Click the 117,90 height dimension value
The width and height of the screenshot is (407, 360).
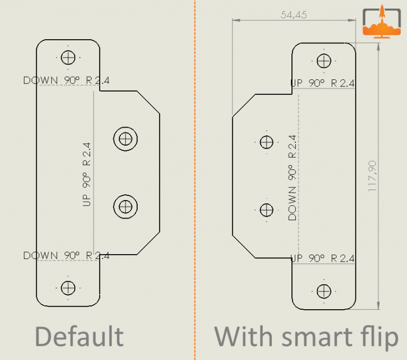pos(373,176)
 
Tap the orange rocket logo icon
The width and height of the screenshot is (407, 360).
pos(381,24)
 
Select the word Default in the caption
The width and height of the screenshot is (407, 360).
pos(79,337)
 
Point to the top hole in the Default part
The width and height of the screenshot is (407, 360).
pos(68,57)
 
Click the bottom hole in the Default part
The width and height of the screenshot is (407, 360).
pos(68,287)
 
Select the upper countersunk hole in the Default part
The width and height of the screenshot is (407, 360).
pos(126,139)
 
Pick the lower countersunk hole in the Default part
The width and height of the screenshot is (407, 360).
pos(126,206)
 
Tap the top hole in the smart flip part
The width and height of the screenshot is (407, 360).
pos(324,60)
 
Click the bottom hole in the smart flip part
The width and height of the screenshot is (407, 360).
pos(324,291)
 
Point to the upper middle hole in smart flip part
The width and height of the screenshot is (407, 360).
pos(266,142)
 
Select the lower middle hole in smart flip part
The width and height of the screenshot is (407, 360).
pos(266,210)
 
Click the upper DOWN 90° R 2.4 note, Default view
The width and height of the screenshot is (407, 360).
pos(66,80)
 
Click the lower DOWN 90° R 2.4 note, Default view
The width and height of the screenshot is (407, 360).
pos(66,256)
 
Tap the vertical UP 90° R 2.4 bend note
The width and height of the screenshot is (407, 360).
pos(87,174)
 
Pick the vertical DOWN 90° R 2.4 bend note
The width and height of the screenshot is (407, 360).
pos(292,177)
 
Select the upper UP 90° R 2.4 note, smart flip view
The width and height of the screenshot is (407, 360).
pos(323,83)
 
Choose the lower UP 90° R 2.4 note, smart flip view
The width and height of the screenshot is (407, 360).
pos(323,259)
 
